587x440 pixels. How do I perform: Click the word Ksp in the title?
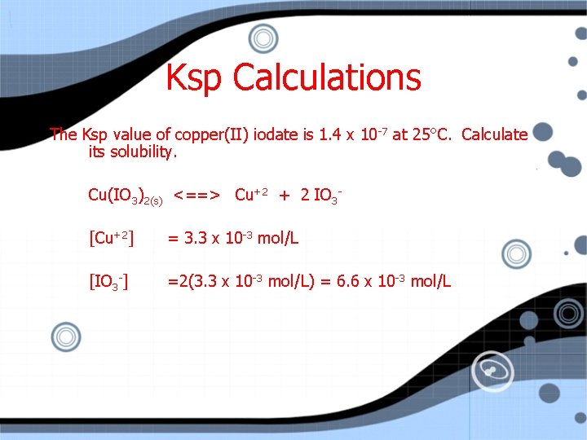[x=196, y=78]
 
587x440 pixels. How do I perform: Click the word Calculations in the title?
[x=327, y=78]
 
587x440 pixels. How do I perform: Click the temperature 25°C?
[x=432, y=134]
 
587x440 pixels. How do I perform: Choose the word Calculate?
[x=495, y=134]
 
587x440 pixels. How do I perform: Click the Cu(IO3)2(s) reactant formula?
[x=125, y=196]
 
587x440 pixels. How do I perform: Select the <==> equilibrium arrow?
[x=196, y=195]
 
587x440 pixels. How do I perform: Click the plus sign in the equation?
[x=285, y=195]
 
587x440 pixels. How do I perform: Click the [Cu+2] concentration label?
[x=111, y=239]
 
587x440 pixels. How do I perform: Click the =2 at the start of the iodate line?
[x=174, y=282]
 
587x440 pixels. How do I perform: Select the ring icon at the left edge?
[x=65, y=336]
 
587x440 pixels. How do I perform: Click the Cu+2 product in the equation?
[x=252, y=195]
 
